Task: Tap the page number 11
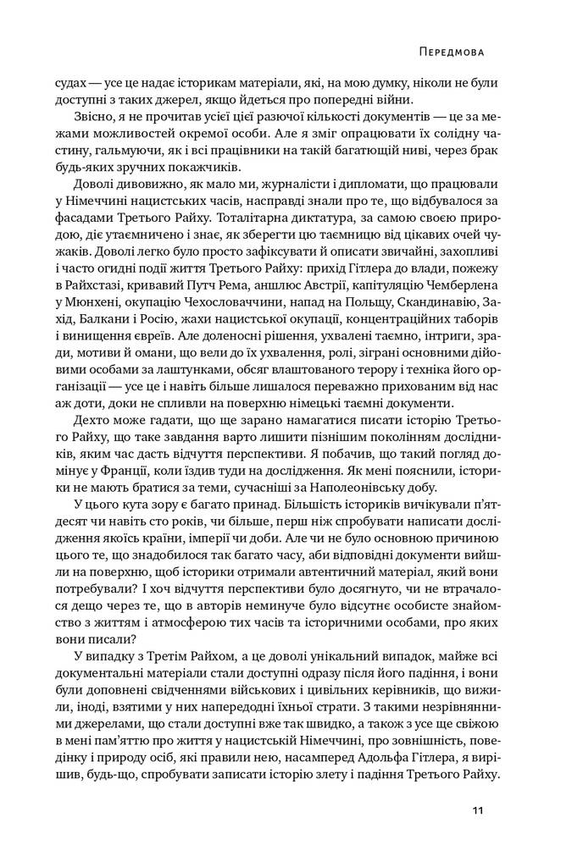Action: pos(478,812)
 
